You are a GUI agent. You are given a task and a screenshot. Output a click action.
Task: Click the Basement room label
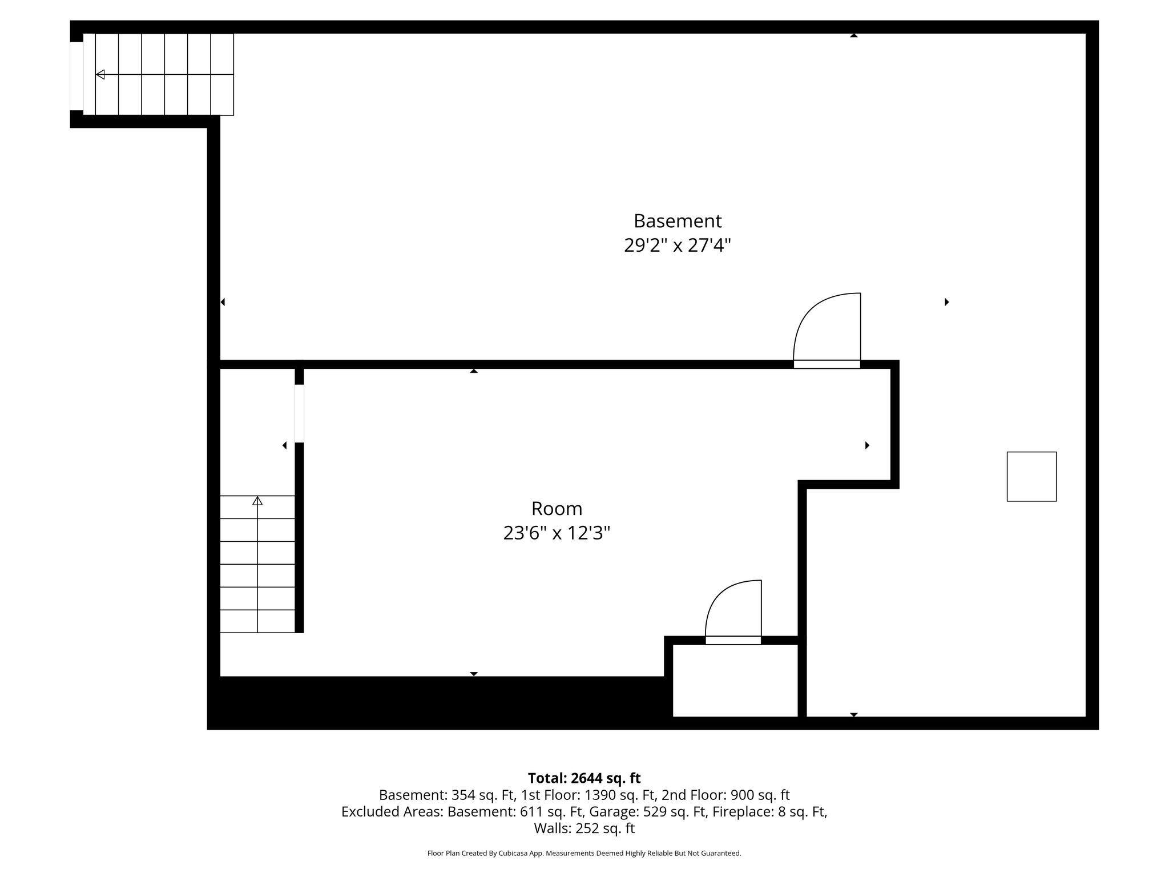(678, 221)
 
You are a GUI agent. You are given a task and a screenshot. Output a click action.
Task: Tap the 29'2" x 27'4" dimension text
(678, 246)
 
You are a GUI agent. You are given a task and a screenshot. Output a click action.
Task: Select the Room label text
(557, 508)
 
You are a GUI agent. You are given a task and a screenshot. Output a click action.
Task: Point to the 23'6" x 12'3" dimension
(557, 533)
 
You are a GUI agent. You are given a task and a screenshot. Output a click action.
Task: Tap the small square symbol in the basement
(1031, 477)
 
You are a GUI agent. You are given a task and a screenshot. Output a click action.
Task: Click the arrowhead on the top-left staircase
(100, 74)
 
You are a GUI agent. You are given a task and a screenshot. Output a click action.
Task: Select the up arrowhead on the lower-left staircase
(257, 501)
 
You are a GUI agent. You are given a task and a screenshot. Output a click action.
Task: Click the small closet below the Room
(735, 680)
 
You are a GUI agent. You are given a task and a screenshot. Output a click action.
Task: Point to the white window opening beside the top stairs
(76, 76)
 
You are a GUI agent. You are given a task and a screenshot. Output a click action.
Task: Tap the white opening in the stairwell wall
(299, 413)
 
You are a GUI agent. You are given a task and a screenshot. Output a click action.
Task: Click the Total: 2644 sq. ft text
(584, 778)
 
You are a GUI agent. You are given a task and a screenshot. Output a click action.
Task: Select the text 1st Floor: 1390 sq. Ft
(588, 795)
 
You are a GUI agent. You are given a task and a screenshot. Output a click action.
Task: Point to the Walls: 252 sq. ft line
(584, 828)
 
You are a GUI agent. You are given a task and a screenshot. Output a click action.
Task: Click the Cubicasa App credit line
(584, 853)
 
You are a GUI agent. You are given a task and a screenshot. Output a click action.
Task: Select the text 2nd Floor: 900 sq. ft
(725, 795)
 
